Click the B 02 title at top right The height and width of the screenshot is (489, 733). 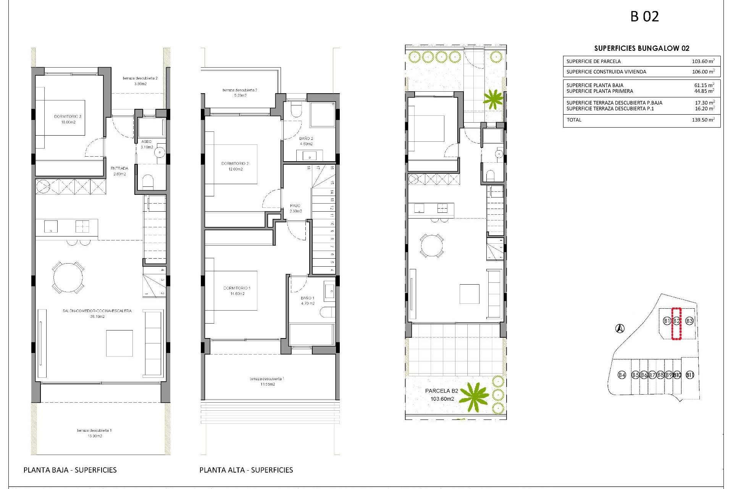[x=644, y=17]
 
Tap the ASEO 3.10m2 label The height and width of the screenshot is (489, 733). [x=147, y=144]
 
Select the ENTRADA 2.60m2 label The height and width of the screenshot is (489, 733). [x=119, y=171]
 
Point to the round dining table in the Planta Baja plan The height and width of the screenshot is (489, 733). [x=68, y=277]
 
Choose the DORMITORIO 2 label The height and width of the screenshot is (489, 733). [x=235, y=166]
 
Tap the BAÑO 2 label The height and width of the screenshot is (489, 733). [x=306, y=141]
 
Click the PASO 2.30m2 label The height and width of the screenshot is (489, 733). [x=295, y=208]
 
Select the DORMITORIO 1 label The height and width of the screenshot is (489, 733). [x=237, y=291]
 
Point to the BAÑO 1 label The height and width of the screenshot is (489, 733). [x=307, y=301]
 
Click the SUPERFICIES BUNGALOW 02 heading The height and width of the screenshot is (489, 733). [x=642, y=48]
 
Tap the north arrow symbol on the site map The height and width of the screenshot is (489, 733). [x=620, y=328]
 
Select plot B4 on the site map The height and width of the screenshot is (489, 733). [x=622, y=375]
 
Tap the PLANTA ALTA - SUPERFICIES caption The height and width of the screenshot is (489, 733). [x=246, y=470]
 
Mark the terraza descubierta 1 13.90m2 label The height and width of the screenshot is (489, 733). [x=94, y=433]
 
